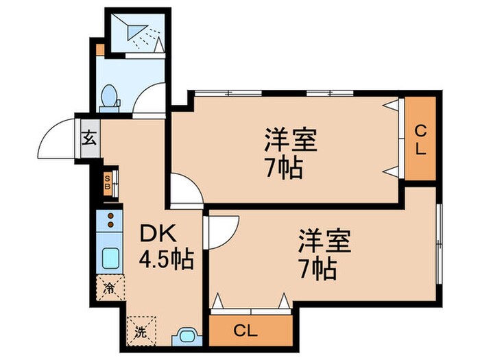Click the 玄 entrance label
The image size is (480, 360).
pyautogui.click(x=89, y=138)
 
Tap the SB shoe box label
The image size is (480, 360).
pyautogui.click(x=108, y=182)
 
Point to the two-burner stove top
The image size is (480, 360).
pyautogui.click(x=110, y=220)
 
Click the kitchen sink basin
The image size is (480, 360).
pyautogui.click(x=110, y=258)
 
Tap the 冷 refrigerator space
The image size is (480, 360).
pyautogui.click(x=110, y=288)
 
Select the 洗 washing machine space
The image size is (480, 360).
pyautogui.click(x=141, y=331)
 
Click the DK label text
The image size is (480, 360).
pyautogui.click(x=158, y=235)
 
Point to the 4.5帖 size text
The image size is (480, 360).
pyautogui.click(x=166, y=260)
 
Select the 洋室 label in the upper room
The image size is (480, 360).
pyautogui.click(x=291, y=140)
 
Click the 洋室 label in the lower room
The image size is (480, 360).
pyautogui.click(x=325, y=241)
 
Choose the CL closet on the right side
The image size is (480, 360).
pyautogui.click(x=420, y=139)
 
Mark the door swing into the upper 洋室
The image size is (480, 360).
pyautogui.click(x=192, y=182)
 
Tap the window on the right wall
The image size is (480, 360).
pyautogui.click(x=440, y=244)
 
